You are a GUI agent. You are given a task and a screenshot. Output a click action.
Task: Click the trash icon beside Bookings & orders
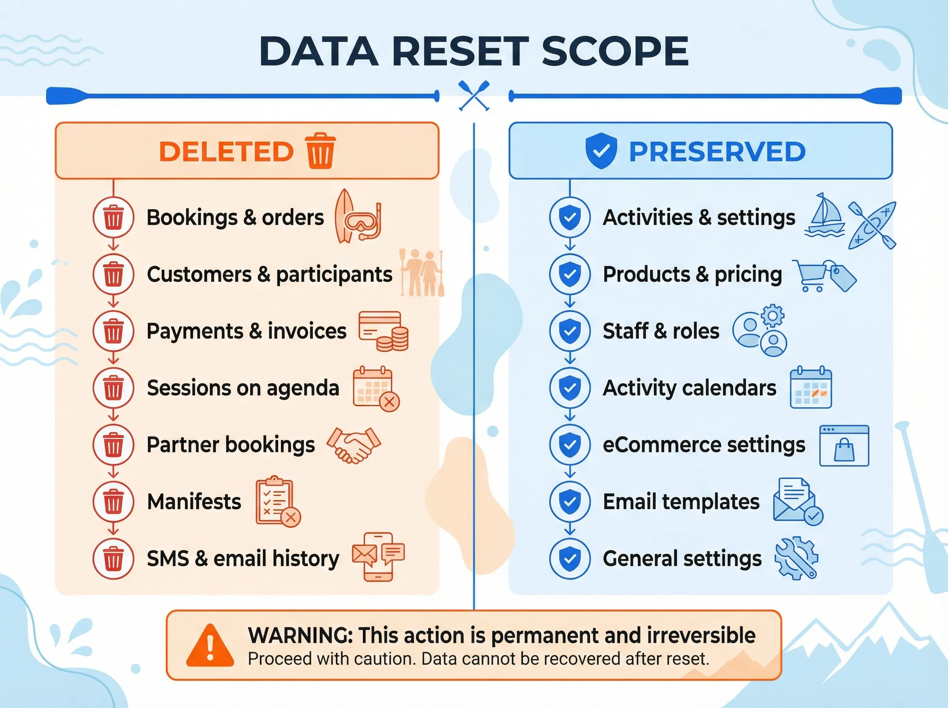[113, 217]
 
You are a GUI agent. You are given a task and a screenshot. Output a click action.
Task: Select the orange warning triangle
[210, 646]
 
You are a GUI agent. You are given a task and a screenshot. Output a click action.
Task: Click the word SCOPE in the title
[615, 51]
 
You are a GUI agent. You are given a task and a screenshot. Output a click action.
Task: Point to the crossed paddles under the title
[474, 96]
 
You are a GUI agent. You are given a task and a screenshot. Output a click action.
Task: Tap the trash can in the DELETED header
[320, 151]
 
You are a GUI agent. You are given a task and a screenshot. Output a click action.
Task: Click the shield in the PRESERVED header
[601, 151]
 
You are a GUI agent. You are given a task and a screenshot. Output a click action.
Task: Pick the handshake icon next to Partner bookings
[354, 445]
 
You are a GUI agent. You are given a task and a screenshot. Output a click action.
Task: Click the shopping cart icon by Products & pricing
[810, 275]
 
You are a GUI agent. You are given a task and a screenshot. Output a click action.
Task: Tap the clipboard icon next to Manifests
[275, 501]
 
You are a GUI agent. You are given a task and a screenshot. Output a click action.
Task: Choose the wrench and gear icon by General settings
[796, 558]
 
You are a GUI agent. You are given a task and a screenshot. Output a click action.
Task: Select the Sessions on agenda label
[243, 388]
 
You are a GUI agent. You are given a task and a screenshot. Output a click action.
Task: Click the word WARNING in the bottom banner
[300, 635]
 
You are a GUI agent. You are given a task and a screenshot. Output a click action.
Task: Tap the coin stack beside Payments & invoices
[393, 339]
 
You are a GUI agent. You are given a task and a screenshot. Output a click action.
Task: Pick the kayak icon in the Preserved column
[872, 225]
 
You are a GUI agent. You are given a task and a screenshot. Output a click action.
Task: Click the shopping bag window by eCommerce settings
[844, 446]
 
